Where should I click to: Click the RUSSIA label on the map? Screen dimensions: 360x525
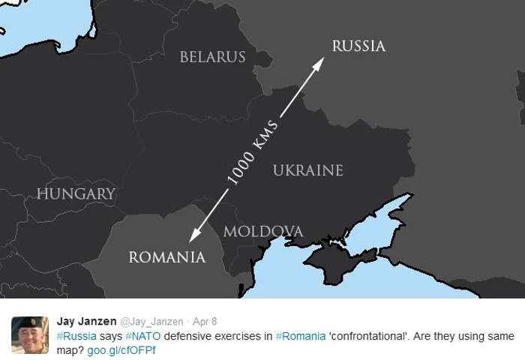358,46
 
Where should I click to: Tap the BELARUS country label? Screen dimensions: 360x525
212,57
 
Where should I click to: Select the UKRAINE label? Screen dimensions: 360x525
307,171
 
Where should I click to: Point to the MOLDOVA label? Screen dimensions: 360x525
263,231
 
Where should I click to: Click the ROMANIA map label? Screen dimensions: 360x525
166,257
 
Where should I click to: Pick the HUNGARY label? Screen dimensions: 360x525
76,194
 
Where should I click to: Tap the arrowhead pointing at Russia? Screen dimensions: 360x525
318,63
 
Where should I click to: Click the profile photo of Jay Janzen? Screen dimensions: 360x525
29,334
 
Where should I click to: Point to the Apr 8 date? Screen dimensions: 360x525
205,322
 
